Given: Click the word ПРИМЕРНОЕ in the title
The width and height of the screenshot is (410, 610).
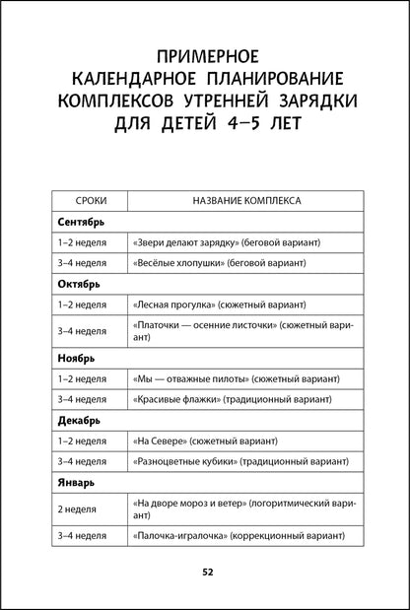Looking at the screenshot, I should [x=205, y=54].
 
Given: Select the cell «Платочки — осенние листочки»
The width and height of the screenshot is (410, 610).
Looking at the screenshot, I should [x=243, y=331].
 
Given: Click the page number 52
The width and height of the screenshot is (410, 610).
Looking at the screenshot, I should [x=206, y=572].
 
